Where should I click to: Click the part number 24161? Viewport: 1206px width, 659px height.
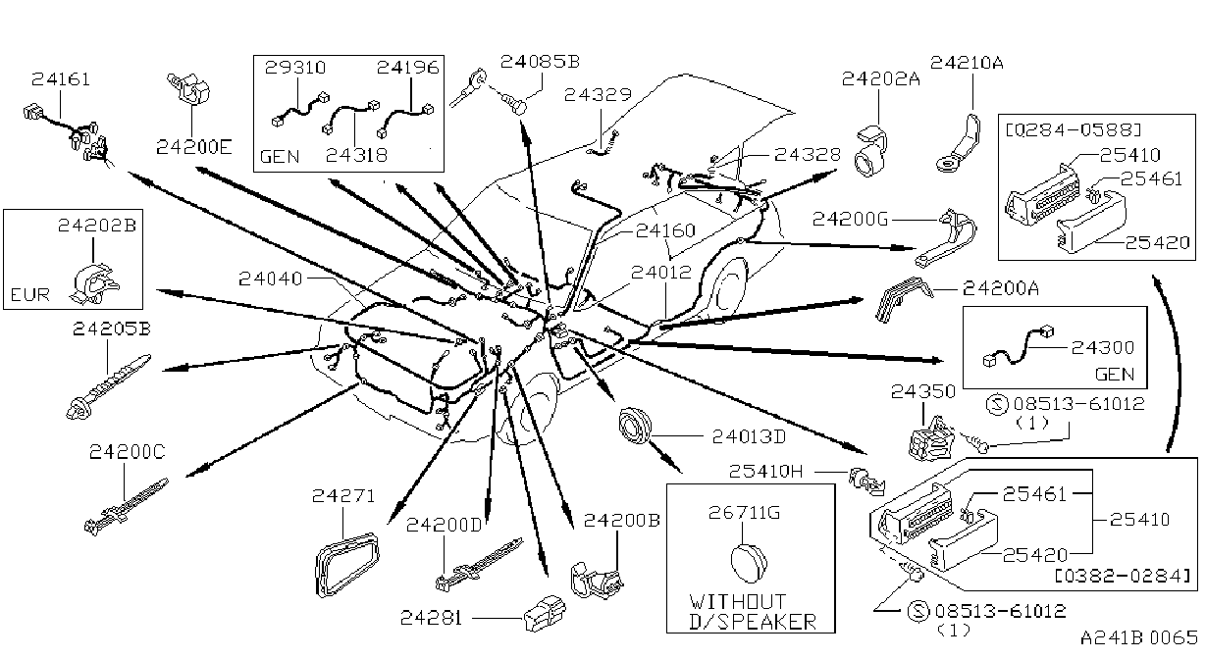coord(60,79)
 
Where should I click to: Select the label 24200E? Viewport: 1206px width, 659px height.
coord(194,147)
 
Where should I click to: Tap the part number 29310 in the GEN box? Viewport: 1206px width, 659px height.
coord(295,68)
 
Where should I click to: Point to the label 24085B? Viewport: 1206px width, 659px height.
coord(540,62)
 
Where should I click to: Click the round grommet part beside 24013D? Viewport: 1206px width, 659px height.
coord(634,426)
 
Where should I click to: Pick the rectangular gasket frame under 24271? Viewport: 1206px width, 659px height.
coord(346,564)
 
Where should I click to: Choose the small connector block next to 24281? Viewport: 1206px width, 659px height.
coord(545,614)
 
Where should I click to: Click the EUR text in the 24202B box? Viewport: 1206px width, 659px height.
coord(30,295)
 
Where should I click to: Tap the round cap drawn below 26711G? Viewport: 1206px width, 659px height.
coord(749,563)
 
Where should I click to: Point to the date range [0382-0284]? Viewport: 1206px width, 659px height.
coord(1123,577)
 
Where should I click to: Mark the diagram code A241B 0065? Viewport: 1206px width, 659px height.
coord(1139,638)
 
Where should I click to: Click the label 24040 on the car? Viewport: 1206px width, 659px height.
coord(270,279)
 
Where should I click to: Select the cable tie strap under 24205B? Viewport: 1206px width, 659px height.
coord(108,386)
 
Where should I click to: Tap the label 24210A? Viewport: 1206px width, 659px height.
coord(967,63)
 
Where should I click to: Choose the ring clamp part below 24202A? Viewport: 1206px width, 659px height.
coord(871,152)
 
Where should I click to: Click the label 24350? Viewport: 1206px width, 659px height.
coord(922,391)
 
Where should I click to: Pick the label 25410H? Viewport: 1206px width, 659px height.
coord(765,472)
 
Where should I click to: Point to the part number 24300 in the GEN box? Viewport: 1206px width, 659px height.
coord(1103,347)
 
